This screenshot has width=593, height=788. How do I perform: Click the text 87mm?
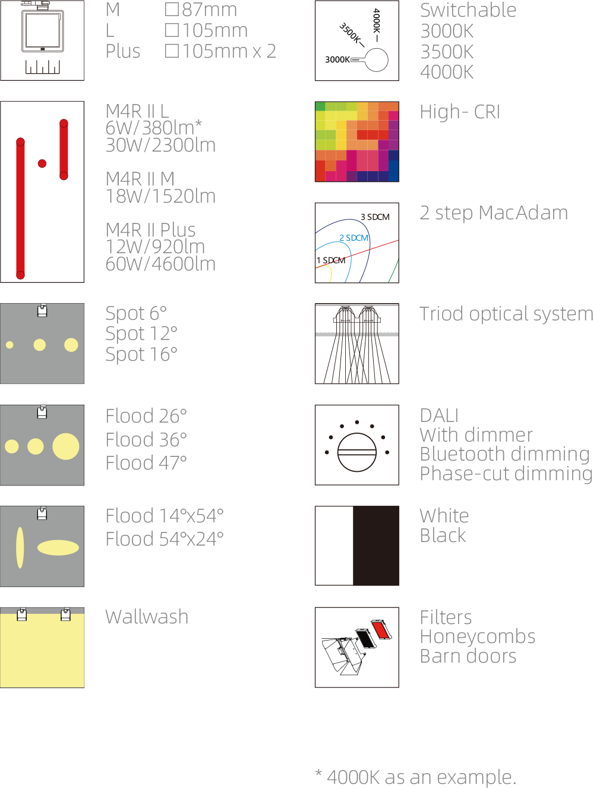coord(210,10)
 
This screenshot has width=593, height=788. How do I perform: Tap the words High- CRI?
coord(460,112)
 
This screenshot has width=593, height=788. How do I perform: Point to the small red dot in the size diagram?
coord(42,163)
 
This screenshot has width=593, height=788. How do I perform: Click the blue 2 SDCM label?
coord(354,238)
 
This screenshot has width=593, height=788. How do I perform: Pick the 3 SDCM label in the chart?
coord(375,217)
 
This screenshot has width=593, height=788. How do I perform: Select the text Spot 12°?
coord(141,333)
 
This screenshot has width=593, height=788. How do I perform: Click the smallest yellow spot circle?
coord(10,345)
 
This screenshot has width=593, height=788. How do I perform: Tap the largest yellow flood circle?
coord(66,446)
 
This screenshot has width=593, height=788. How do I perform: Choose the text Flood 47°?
coord(146,463)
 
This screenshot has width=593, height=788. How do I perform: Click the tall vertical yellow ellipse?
coord(20,547)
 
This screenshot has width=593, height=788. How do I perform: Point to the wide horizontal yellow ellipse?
coord(58,547)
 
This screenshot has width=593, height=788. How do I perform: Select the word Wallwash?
coord(147,617)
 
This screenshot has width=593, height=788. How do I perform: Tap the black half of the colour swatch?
coord(376,546)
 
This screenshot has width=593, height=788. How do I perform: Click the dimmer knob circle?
coord(357,452)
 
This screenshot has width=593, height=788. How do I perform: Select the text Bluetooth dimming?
coord(504,454)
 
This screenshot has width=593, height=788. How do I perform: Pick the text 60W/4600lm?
coord(160,264)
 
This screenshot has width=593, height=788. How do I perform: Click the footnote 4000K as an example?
coord(421,777)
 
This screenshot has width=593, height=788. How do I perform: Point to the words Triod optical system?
coord(506,314)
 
